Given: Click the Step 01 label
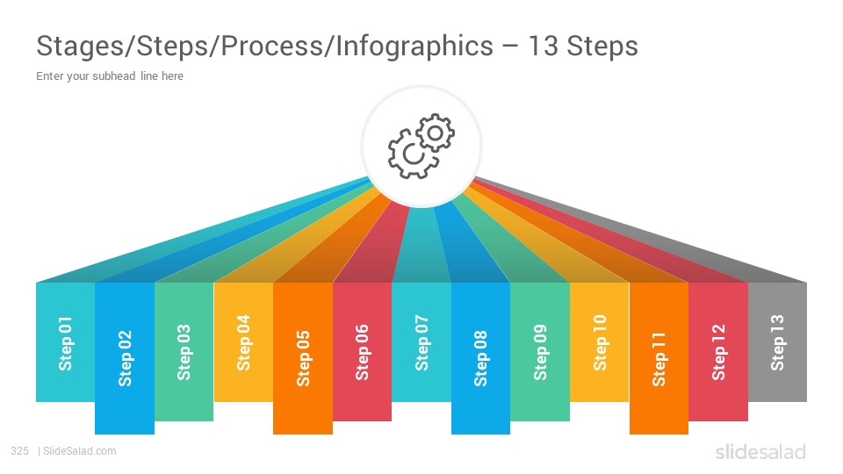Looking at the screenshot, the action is tap(66, 343).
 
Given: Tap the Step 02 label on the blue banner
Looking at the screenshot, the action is tap(125, 358).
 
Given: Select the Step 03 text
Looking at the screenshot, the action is tap(184, 352).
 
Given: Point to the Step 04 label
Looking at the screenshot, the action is tap(243, 343).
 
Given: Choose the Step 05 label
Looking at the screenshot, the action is tap(303, 358).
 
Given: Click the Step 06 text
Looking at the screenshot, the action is tap(363, 352).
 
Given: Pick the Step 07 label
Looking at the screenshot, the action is tap(421, 343).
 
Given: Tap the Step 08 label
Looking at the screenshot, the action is tap(480, 358).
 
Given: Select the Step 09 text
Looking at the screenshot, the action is tap(540, 352).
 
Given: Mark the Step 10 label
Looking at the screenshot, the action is tap(600, 343).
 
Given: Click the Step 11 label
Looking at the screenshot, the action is tap(659, 359).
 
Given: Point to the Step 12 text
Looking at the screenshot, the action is tap(719, 352).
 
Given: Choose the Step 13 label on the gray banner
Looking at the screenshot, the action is tap(778, 343).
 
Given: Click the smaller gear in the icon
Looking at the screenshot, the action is tap(435, 133).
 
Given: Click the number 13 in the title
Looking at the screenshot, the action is tap(543, 46).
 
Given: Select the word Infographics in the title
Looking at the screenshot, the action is tap(414, 47).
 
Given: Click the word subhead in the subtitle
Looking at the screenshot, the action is tap(114, 75).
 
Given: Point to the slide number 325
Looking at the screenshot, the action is tap(20, 451).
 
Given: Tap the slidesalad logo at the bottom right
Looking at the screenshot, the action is tap(760, 452).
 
